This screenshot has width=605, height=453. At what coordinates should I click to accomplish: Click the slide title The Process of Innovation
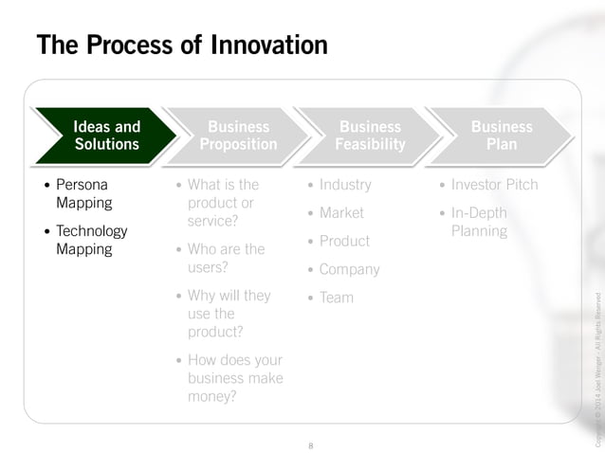point(181,45)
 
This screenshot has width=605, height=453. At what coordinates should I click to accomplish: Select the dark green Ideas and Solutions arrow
point(106,136)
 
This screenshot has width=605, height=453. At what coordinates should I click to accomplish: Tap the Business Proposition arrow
point(238,136)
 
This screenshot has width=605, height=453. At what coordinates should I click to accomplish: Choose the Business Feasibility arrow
point(370,136)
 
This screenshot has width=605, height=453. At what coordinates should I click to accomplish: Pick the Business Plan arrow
point(502,136)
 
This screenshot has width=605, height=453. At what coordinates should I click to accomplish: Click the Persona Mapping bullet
point(83,193)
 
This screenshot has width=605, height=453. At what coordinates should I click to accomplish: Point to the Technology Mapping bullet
point(91,240)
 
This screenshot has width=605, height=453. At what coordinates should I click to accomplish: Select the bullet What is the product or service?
point(222,203)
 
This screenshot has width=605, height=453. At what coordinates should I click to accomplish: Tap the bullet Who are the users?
point(226,258)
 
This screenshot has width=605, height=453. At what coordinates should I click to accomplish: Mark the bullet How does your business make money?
point(234,378)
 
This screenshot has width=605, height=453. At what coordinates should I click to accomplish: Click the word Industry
point(345,185)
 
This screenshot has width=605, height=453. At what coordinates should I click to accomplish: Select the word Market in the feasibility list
point(341,213)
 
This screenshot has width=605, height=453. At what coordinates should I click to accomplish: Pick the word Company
point(349,269)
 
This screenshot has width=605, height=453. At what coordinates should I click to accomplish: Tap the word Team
point(336,298)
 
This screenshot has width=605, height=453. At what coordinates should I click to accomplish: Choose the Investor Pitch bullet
point(494,185)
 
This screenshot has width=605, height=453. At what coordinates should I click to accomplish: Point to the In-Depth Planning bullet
point(479,222)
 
